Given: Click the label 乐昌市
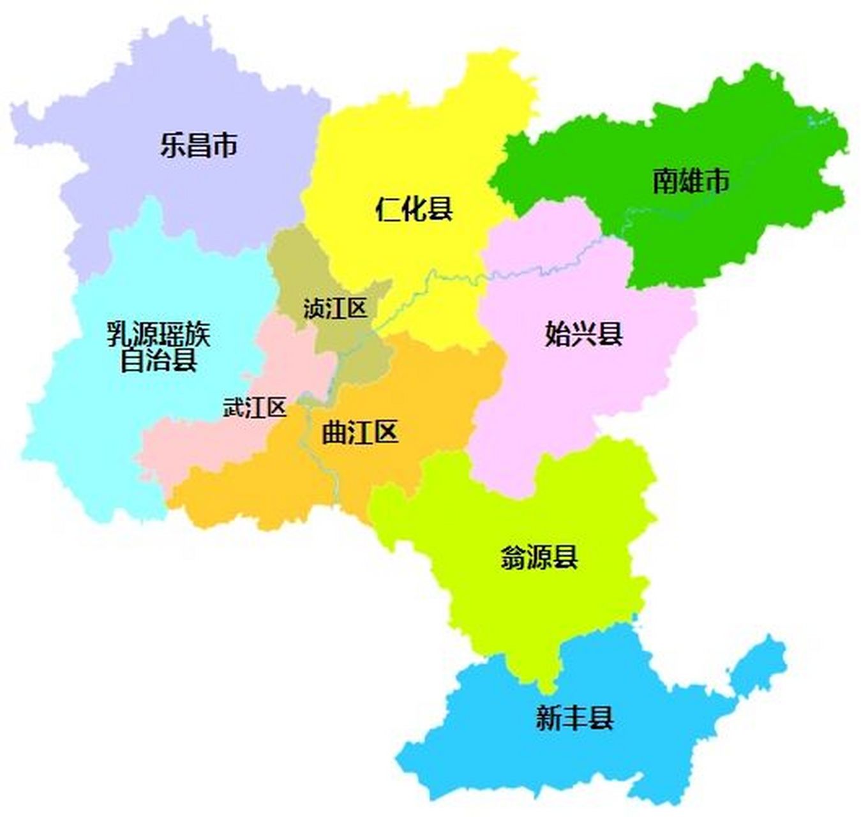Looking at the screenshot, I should (198, 145).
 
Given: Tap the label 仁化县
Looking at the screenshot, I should (414, 209).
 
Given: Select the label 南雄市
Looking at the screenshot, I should (691, 181).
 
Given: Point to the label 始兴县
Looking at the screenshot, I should (583, 334).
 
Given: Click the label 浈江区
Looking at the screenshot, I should (336, 310).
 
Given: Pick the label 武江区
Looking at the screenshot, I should (255, 408).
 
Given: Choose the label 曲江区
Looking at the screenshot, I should (360, 433).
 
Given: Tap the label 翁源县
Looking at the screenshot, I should (539, 557).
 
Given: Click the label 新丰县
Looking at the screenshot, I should (574, 719).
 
